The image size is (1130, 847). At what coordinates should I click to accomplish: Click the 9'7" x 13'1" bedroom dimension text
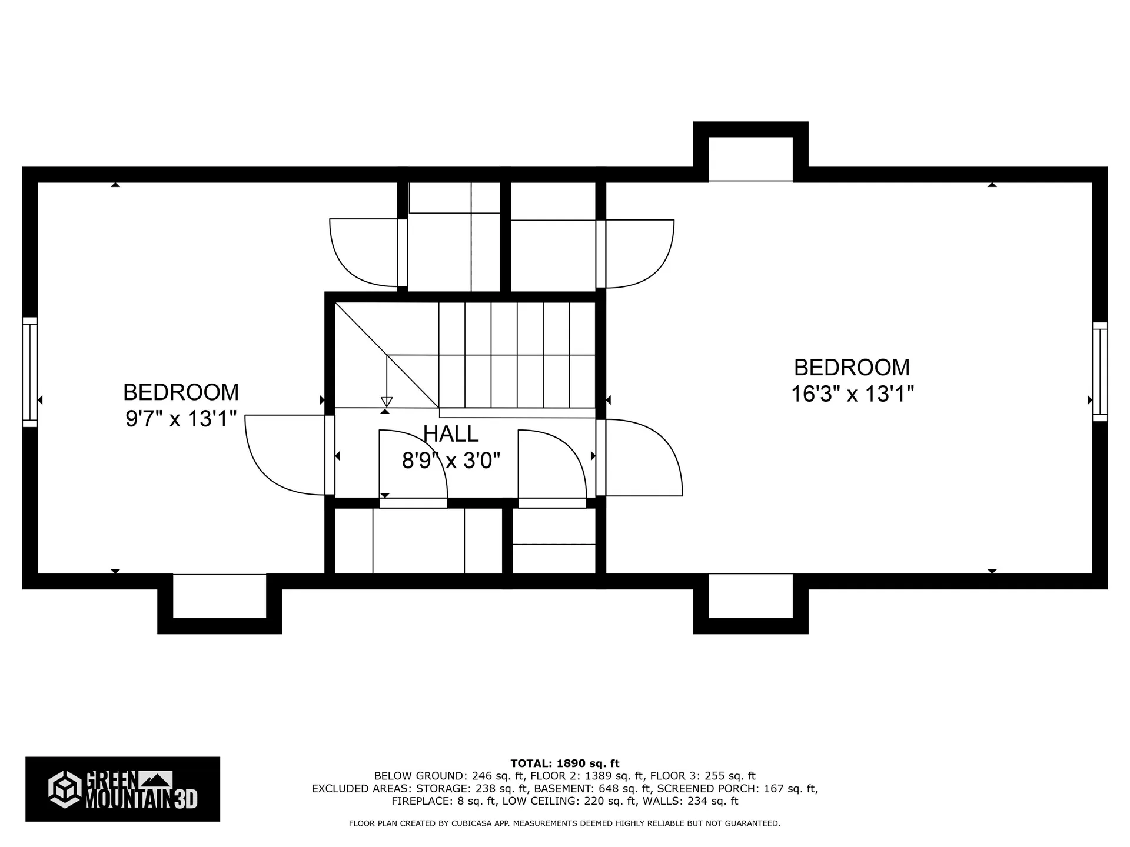click(181, 419)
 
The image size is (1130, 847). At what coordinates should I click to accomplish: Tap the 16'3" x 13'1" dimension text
click(852, 394)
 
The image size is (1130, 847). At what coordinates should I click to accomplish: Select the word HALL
click(451, 434)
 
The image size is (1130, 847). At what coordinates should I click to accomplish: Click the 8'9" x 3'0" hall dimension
click(451, 461)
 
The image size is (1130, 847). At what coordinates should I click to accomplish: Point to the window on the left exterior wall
click(30, 372)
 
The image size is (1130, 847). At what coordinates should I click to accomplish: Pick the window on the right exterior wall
click(1099, 371)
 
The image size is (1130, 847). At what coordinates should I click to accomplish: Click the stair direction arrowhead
click(387, 402)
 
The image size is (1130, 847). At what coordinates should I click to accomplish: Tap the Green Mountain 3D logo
click(122, 789)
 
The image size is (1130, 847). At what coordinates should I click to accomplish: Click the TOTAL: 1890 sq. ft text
click(564, 763)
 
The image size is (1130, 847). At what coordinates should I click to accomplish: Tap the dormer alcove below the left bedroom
click(220, 595)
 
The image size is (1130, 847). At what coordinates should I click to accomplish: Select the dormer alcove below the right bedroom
click(750, 595)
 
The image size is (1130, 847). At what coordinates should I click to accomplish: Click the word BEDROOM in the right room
click(852, 368)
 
